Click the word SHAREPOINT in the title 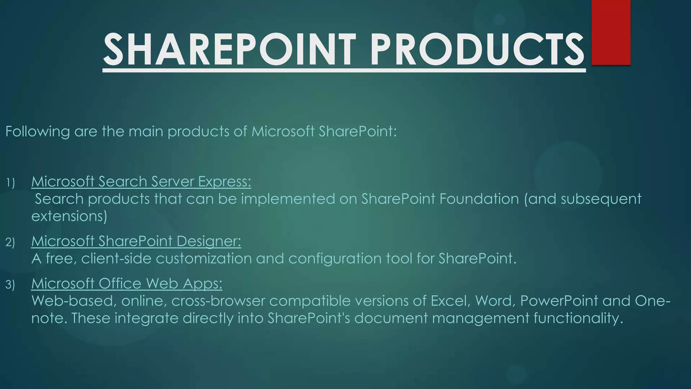coord(229,50)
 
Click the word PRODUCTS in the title coord(477,50)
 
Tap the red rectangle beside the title coord(611,32)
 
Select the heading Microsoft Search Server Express coord(141,182)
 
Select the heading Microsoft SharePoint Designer coord(136,241)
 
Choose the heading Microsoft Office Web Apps coord(127,284)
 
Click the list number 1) coord(10,183)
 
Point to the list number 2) coord(10,242)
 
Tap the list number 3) coord(10,285)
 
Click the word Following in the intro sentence coord(37,131)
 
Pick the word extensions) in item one coord(69,216)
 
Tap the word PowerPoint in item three coord(559,301)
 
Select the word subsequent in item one coord(601,199)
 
